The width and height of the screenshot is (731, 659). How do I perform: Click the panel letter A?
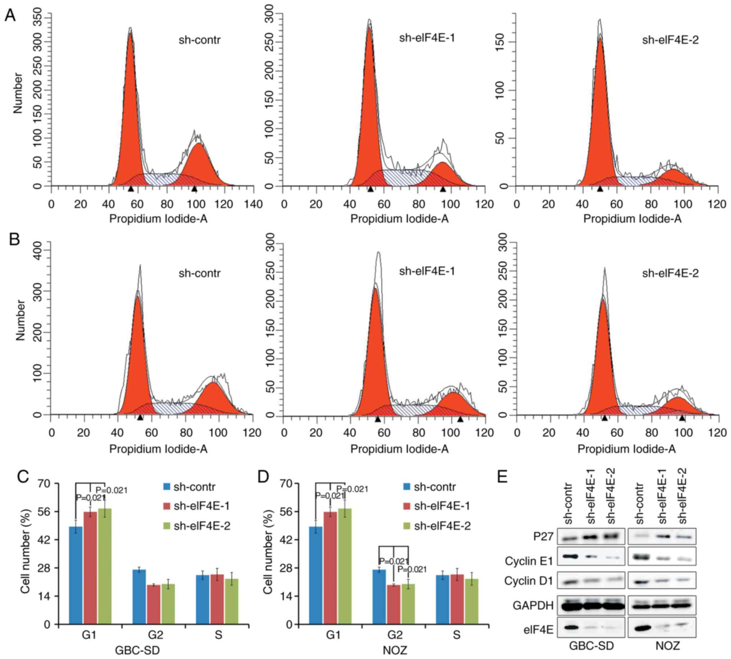pyautogui.click(x=10, y=15)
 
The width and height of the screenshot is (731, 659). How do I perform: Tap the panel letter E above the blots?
pyautogui.click(x=502, y=477)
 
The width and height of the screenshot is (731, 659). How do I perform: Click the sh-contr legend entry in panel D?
pyautogui.click(x=435, y=487)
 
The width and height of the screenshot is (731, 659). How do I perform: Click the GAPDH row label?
pyautogui.click(x=533, y=605)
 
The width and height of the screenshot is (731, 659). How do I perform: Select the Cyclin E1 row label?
pyautogui.click(x=528, y=561)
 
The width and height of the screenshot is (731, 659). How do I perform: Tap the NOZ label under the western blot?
pyautogui.click(x=667, y=646)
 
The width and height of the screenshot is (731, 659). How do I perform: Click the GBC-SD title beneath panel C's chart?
pyautogui.click(x=137, y=650)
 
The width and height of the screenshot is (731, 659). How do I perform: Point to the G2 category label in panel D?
pyautogui.click(x=395, y=635)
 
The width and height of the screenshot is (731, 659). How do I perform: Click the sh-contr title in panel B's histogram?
pyautogui.click(x=200, y=273)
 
